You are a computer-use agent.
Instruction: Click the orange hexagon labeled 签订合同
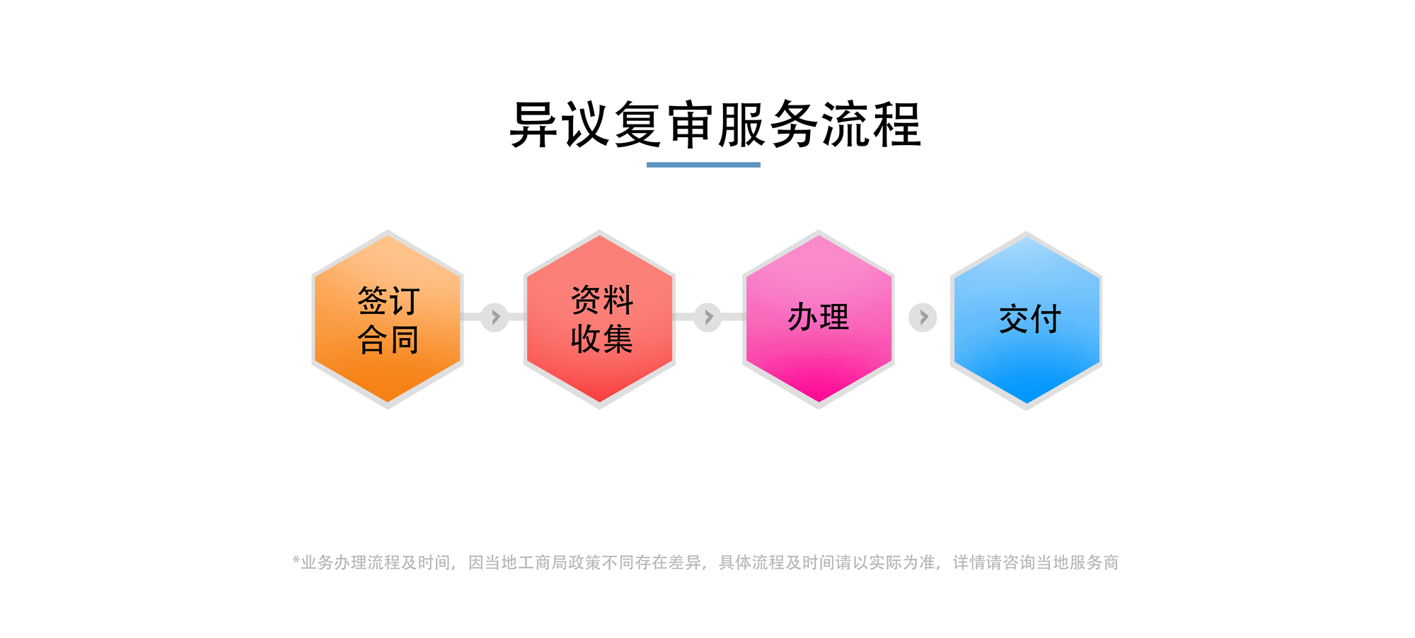click(388, 319)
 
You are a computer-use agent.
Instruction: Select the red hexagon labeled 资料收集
click(599, 319)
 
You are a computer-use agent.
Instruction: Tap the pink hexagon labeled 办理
click(819, 319)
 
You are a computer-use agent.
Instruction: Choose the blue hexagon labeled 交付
click(1026, 320)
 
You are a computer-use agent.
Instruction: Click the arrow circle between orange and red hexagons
click(495, 317)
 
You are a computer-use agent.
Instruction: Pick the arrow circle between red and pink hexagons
click(707, 317)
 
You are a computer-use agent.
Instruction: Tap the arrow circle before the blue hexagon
click(923, 318)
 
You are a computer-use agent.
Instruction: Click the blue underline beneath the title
click(703, 165)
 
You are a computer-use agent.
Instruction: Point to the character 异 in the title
click(534, 124)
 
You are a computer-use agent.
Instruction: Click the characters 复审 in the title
click(664, 124)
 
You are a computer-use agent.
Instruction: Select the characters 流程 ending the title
click(871, 124)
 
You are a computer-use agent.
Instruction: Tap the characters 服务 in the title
click(768, 124)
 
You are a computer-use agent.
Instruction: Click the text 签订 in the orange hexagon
click(388, 301)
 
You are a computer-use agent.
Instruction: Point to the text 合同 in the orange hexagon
click(388, 340)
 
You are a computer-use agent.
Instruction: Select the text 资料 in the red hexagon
click(602, 300)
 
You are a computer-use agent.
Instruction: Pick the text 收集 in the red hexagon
click(602, 339)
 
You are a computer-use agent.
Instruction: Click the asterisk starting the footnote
click(296, 560)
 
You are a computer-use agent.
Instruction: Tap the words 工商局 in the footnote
click(543, 562)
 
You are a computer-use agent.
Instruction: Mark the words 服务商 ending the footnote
click(1094, 562)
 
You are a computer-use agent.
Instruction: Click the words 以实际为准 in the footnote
click(894, 562)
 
